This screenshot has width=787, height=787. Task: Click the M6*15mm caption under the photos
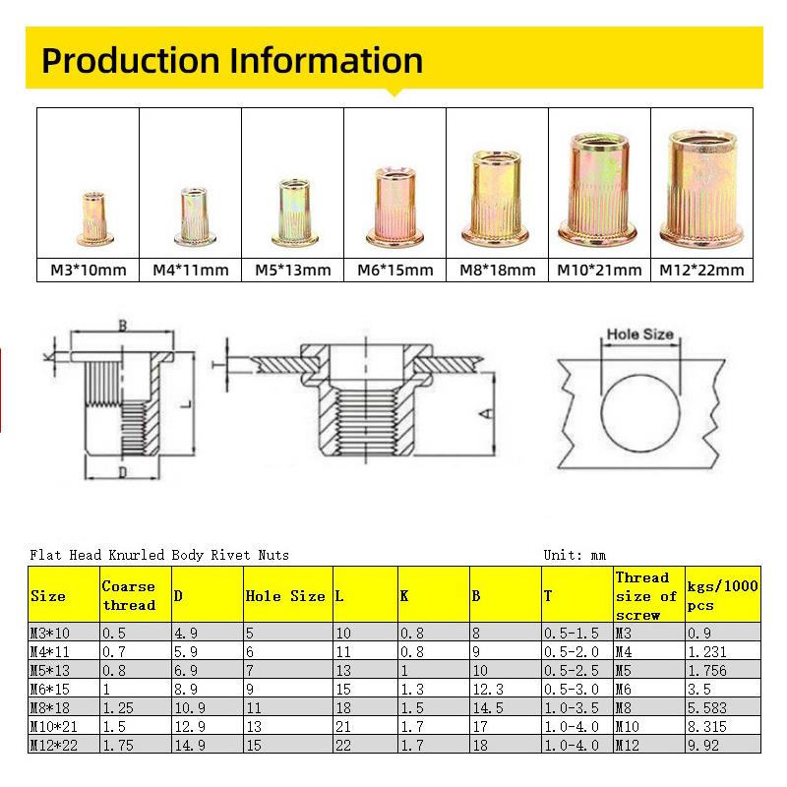(x=394, y=270)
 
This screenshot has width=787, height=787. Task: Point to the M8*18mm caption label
(x=497, y=270)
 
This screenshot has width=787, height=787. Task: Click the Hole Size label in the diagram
(x=640, y=334)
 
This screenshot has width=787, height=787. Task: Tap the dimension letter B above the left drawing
(x=123, y=325)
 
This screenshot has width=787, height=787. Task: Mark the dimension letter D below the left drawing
(x=122, y=474)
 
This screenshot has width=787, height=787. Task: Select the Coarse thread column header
(x=129, y=595)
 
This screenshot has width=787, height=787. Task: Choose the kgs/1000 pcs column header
(x=722, y=595)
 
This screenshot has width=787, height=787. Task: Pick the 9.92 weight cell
(x=702, y=746)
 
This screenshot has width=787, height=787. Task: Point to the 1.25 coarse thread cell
(x=118, y=708)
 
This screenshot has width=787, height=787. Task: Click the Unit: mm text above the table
(x=577, y=555)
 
